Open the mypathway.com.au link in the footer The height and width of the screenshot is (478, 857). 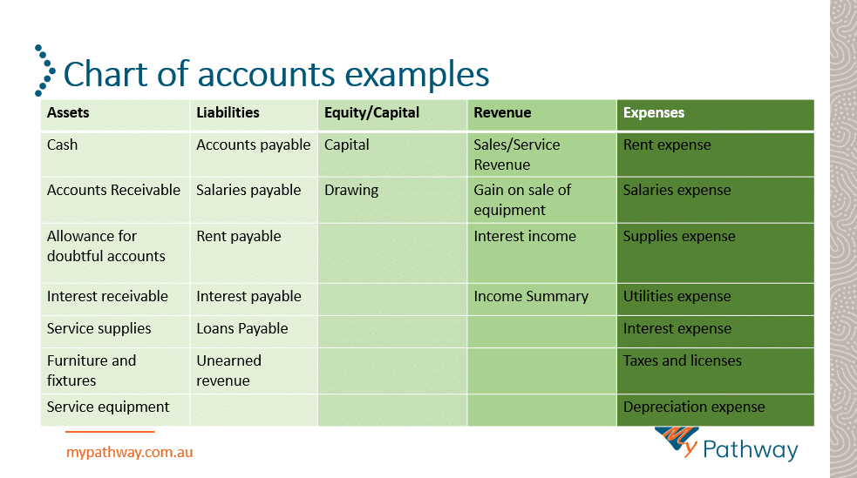(130, 453)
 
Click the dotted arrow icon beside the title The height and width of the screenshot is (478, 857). (45, 71)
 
